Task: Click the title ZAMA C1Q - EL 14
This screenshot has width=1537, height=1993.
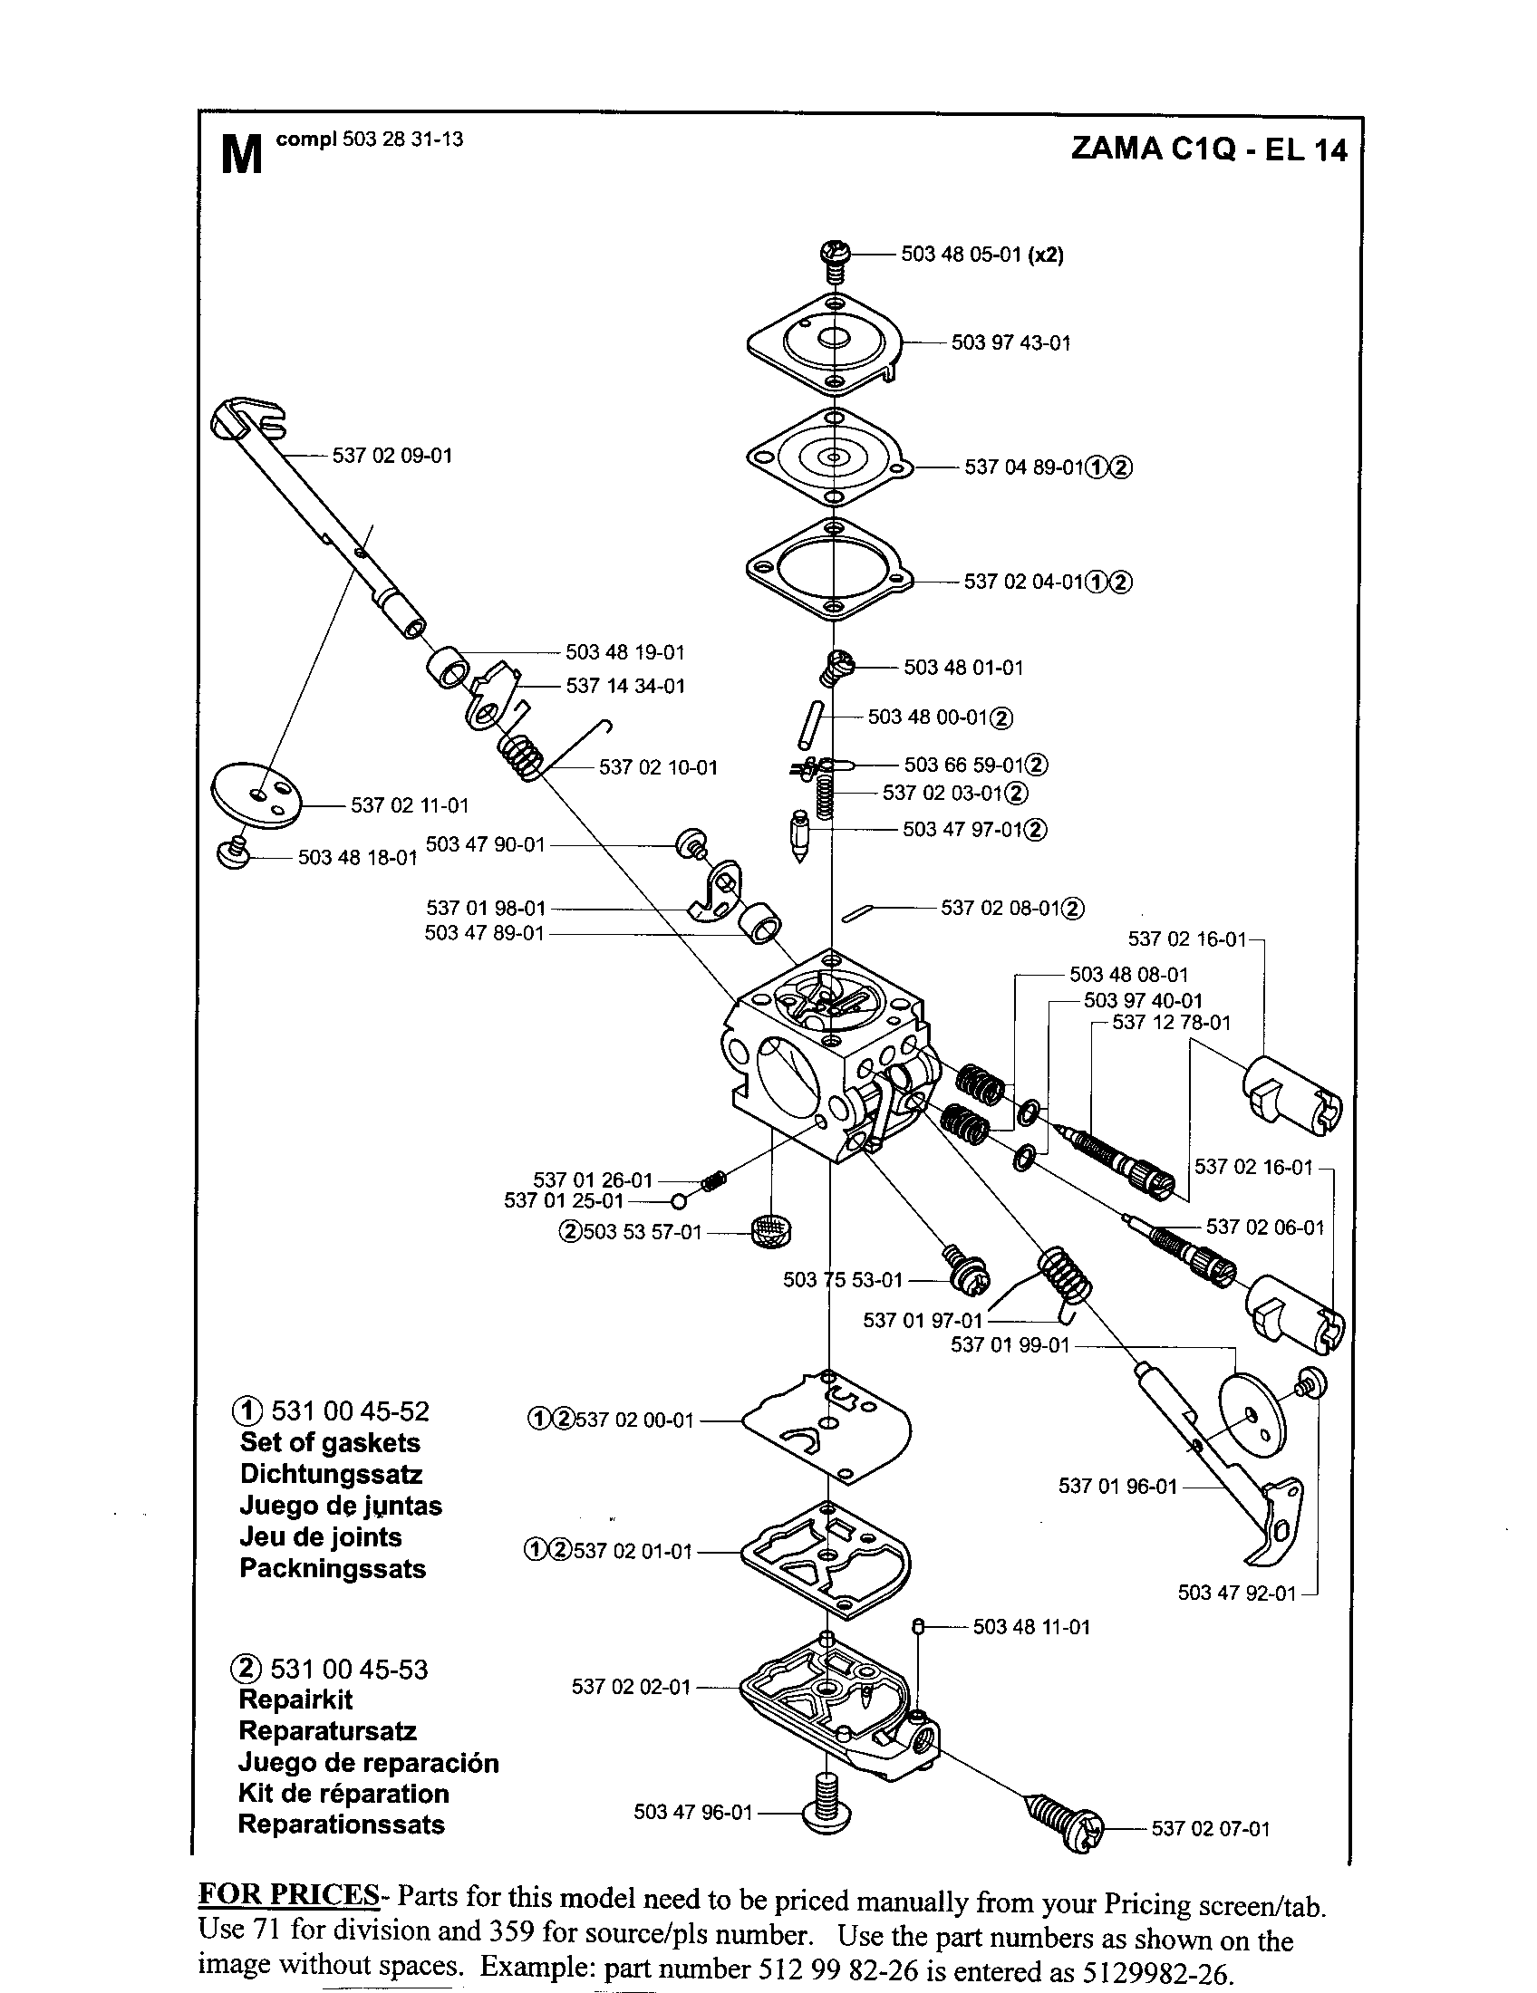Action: click(x=1208, y=149)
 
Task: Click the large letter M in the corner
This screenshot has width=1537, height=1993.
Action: click(x=242, y=154)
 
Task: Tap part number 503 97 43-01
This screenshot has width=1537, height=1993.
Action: click(x=1010, y=343)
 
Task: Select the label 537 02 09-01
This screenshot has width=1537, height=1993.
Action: click(x=392, y=456)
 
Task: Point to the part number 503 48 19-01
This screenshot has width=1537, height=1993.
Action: click(x=624, y=652)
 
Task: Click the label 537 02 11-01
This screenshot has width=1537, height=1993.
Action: click(x=410, y=805)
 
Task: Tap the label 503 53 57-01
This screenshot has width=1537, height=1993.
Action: click(x=642, y=1233)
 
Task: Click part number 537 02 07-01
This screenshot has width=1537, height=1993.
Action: click(x=1210, y=1829)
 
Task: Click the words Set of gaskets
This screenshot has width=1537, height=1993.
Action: click(x=330, y=1443)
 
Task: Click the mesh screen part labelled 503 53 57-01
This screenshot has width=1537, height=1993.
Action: click(x=771, y=1233)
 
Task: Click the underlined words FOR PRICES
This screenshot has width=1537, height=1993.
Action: click(x=288, y=1896)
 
